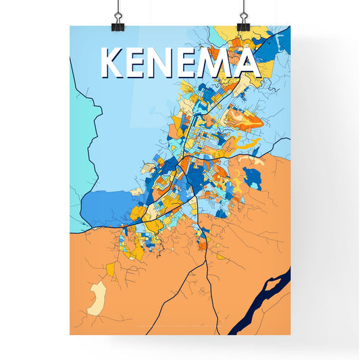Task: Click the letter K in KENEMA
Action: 112,63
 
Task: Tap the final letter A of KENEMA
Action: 248,63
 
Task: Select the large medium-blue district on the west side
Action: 105,206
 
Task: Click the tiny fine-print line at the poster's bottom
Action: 180,330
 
